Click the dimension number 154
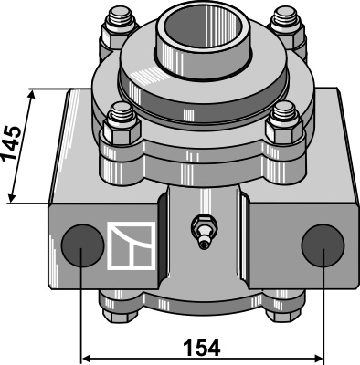click(x=201, y=348)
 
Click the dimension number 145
click(x=12, y=142)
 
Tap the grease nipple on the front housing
click(x=204, y=232)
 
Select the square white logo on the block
click(x=132, y=245)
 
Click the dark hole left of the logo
click(x=82, y=245)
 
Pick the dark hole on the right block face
click(x=323, y=245)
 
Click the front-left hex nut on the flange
click(x=122, y=131)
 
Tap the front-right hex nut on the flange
click(x=284, y=130)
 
